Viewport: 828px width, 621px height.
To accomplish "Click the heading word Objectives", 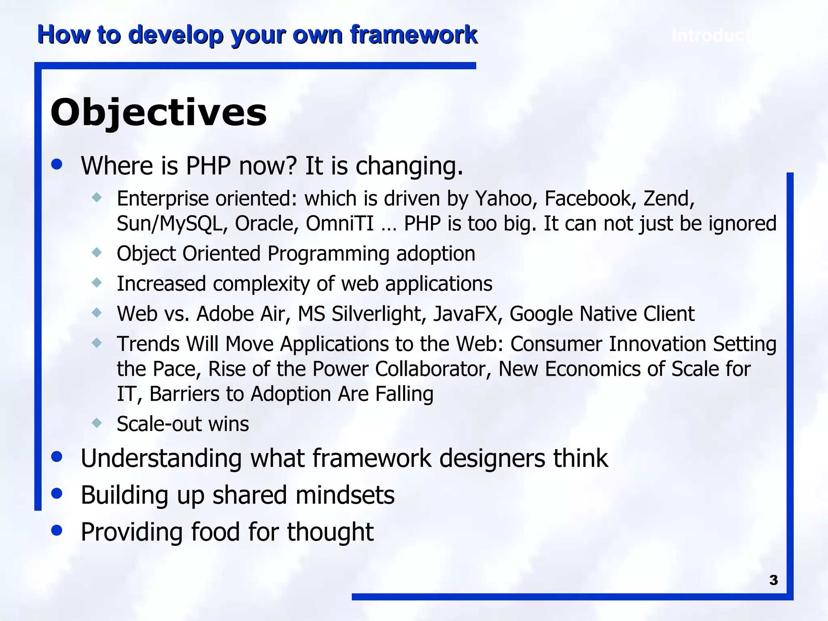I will pyautogui.click(x=158, y=112).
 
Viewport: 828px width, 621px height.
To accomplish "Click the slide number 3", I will pyautogui.click(x=773, y=580).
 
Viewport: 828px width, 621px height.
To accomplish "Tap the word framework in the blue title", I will pyautogui.click(x=414, y=35).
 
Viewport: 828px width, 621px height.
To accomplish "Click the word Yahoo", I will pyautogui.click(x=506, y=199).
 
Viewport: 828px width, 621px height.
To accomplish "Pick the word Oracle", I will pyautogui.click(x=266, y=224).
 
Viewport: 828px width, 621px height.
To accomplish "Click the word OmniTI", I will pyautogui.click(x=340, y=224).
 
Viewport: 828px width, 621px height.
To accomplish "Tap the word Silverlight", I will pyautogui.click(x=379, y=314).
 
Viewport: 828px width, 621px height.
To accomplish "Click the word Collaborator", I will pyautogui.click(x=433, y=369).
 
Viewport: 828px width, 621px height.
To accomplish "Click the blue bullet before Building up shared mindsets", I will pyautogui.click(x=57, y=493).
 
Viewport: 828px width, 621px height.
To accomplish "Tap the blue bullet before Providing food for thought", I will pyautogui.click(x=57, y=530).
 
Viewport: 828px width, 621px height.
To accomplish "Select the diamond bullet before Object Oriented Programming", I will pyautogui.click(x=97, y=253).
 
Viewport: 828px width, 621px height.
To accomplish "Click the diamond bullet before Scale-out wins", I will pyautogui.click(x=97, y=423).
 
